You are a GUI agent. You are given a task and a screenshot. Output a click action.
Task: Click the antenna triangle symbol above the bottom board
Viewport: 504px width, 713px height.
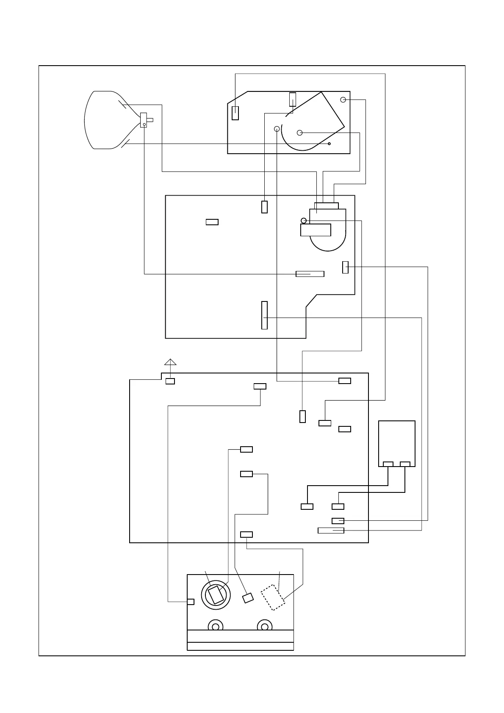[x=170, y=362]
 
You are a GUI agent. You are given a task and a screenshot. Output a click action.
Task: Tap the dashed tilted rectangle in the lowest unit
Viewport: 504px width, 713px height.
[x=273, y=597]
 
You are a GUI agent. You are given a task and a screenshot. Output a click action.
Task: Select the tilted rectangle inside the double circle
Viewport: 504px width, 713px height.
[x=216, y=595]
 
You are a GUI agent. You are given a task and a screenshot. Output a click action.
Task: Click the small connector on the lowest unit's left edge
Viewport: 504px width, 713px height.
[x=191, y=602]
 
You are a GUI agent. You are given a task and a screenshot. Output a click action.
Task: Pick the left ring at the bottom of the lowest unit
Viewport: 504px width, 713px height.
[x=216, y=626]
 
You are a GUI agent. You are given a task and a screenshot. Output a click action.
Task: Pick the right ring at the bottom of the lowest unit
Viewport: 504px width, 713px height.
[x=265, y=626]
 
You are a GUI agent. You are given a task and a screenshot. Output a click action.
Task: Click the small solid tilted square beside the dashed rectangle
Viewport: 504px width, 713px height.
[x=248, y=598]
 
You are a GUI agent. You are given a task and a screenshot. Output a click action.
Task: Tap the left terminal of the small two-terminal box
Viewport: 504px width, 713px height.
[x=388, y=464]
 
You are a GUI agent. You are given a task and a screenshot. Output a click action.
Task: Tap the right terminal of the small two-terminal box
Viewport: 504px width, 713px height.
[x=405, y=464]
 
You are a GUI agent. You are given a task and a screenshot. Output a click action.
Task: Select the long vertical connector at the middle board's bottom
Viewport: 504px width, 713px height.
[x=264, y=315]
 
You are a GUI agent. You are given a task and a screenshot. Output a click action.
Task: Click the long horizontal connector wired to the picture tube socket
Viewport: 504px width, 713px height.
[x=310, y=274]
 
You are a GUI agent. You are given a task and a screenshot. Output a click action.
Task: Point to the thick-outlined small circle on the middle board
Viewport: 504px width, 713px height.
[x=304, y=221]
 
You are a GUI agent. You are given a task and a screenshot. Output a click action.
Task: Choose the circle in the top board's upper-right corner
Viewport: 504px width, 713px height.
[x=343, y=99]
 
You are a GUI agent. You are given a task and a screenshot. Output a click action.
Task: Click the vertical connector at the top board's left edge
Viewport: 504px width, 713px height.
[x=235, y=113]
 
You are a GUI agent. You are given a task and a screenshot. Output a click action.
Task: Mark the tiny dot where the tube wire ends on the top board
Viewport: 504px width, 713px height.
[x=330, y=144]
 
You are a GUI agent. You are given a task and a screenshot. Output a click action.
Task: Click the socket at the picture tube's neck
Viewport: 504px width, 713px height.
[x=144, y=120]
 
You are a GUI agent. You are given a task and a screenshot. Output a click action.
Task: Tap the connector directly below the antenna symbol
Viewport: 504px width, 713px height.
[x=170, y=381]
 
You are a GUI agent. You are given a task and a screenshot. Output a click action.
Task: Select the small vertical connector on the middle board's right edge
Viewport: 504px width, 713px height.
[x=345, y=267]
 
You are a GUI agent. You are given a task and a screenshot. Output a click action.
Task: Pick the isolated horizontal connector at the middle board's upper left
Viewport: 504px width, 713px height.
[x=212, y=222]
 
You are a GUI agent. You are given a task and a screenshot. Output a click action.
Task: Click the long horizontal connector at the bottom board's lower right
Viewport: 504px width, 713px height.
[x=331, y=531]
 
